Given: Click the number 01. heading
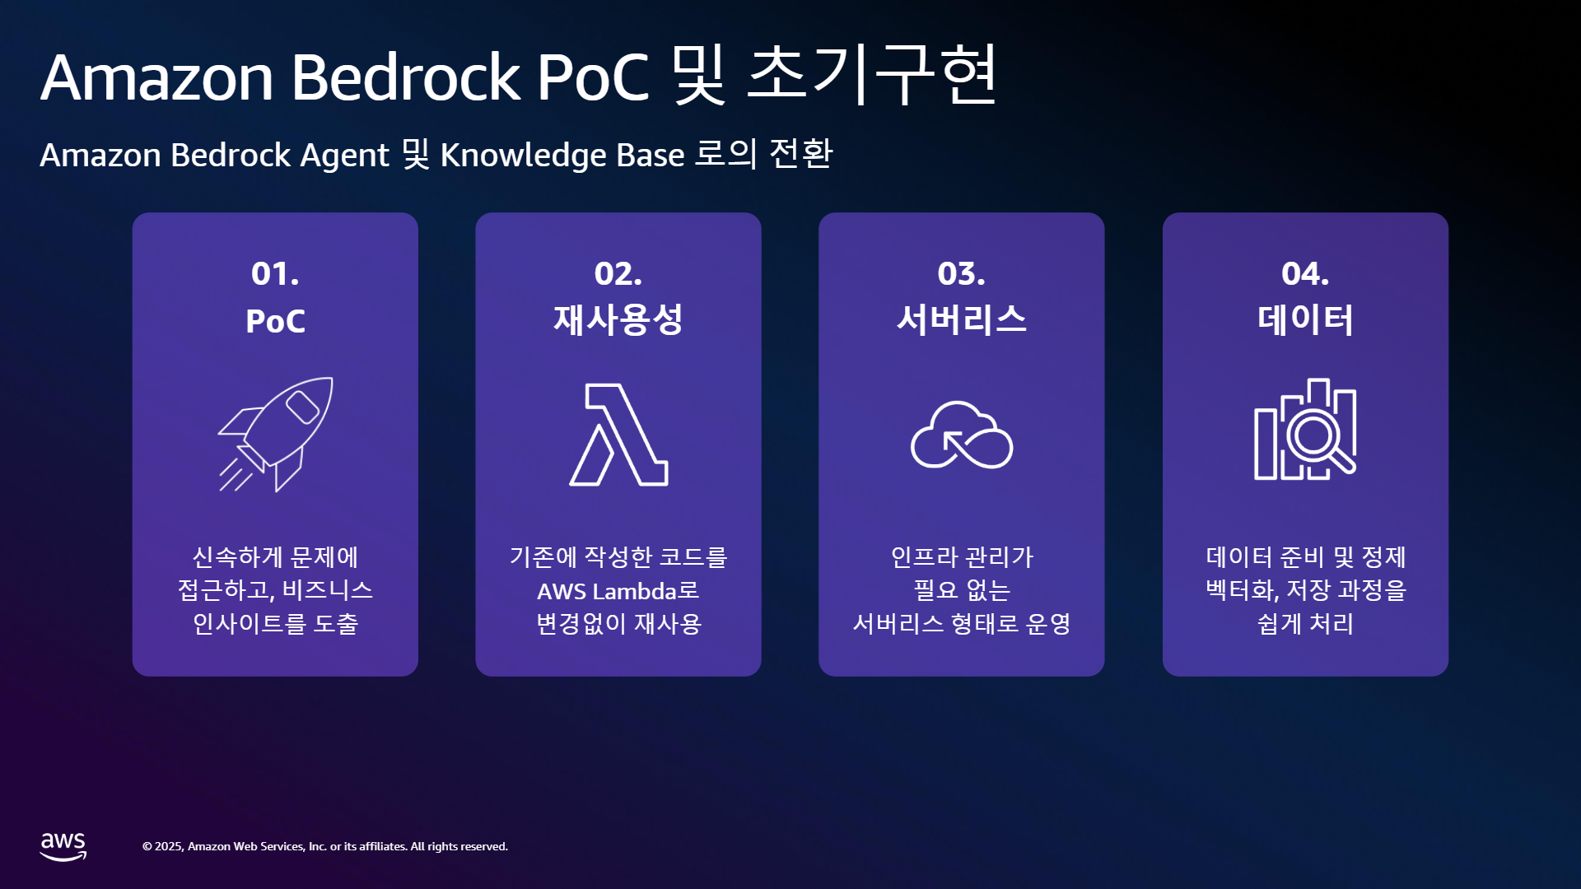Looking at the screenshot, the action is (275, 273).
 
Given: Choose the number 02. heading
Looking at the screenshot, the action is (618, 273).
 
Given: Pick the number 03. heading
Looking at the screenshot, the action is (961, 273).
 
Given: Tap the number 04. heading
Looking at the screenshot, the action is (1305, 273).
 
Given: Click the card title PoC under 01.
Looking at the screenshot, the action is (275, 321).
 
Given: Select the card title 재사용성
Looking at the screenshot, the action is (618, 319).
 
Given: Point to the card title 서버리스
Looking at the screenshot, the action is (961, 319).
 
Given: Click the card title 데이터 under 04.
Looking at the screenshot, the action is (1305, 319).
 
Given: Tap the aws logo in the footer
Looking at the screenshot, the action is (63, 846).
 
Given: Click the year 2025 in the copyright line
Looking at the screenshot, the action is (169, 847).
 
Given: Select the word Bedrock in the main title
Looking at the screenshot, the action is (405, 77).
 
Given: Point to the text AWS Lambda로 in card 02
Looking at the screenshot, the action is (618, 591).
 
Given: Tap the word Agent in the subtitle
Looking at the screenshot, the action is (344, 156).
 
